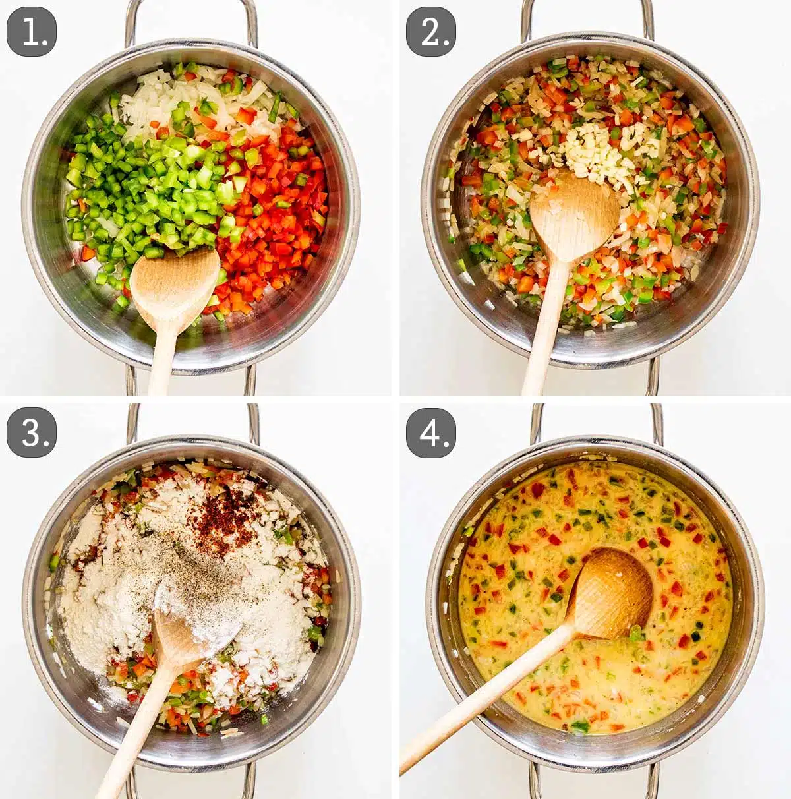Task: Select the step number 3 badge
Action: (x=32, y=432)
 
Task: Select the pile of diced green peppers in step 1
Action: (x=145, y=191)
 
